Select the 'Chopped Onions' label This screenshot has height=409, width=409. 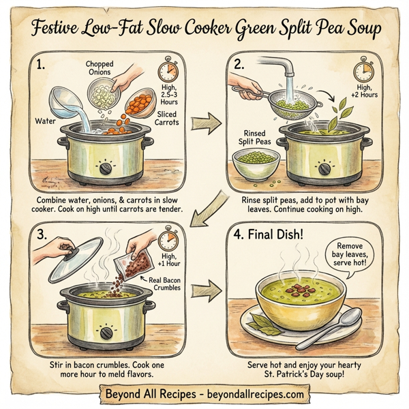(x=100, y=68)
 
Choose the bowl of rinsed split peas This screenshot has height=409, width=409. (x=256, y=164)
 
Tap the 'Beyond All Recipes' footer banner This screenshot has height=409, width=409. (x=204, y=393)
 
